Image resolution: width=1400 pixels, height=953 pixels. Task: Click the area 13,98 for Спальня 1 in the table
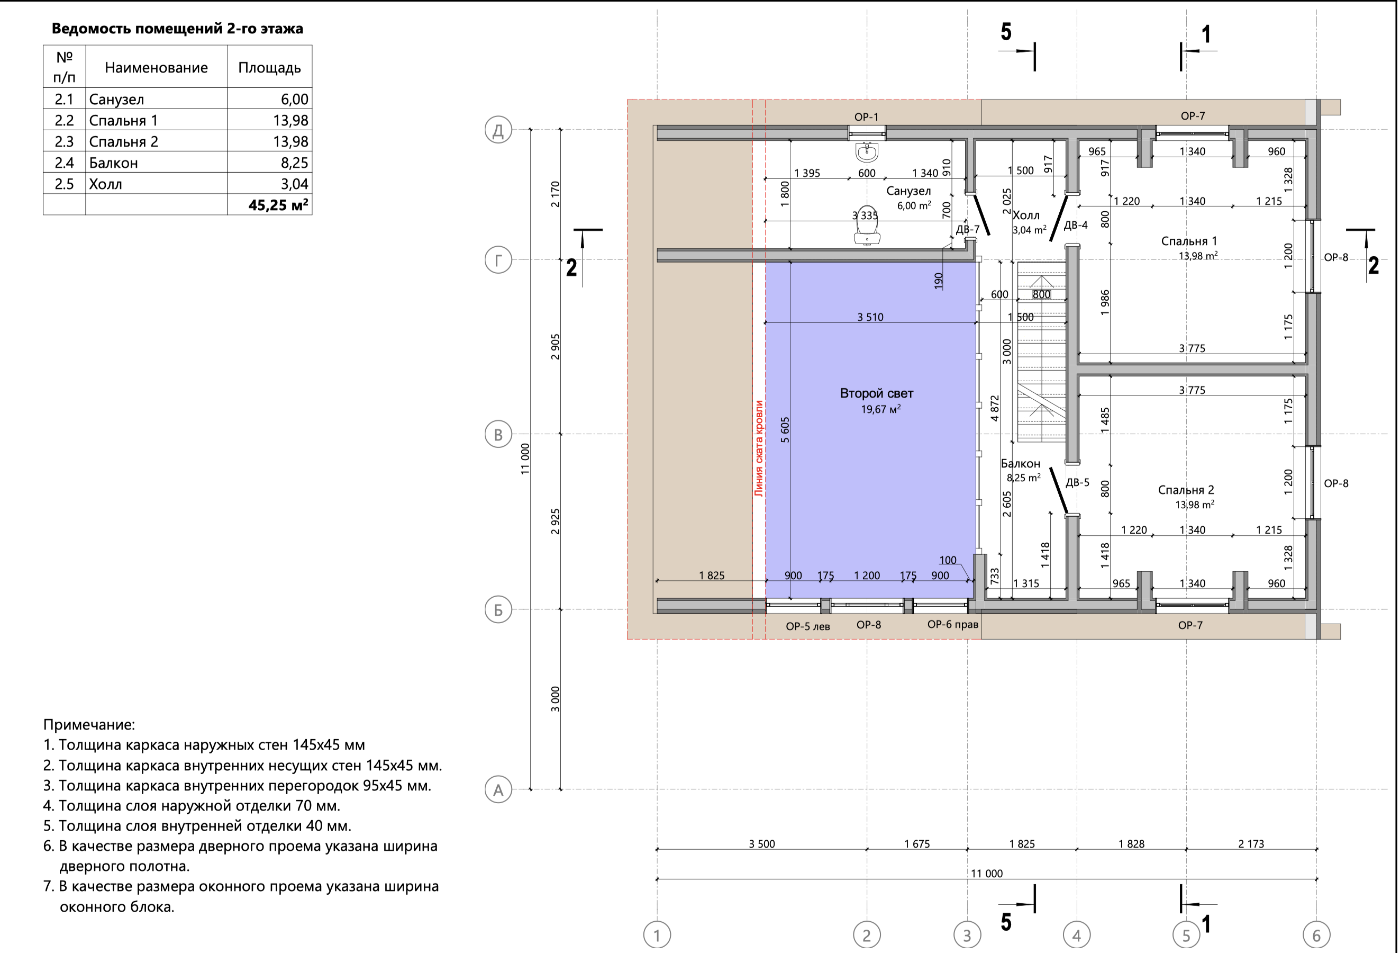click(290, 120)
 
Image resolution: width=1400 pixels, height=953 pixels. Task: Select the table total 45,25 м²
click(278, 205)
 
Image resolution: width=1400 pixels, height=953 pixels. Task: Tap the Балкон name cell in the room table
click(113, 163)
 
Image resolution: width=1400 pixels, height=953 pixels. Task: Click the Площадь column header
click(269, 68)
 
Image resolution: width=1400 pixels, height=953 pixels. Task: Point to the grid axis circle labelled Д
click(498, 130)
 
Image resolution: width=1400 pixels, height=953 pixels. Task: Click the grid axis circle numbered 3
click(967, 935)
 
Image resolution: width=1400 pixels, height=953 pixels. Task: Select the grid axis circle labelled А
click(498, 789)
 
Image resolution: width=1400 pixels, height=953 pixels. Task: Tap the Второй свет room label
click(877, 393)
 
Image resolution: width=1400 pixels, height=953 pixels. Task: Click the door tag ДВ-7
click(968, 229)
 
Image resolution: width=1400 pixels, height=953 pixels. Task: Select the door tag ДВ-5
click(1077, 482)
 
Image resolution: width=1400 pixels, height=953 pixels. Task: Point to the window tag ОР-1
click(866, 117)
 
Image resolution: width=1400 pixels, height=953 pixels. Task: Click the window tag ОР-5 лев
click(807, 626)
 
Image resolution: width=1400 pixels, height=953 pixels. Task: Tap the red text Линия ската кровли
click(759, 448)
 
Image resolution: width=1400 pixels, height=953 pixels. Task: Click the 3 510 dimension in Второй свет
click(870, 317)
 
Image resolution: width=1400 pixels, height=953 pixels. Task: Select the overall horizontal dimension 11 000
click(986, 874)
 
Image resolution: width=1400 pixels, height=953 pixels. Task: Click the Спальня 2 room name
click(1186, 490)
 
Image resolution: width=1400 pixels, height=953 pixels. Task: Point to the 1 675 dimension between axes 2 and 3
click(917, 844)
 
